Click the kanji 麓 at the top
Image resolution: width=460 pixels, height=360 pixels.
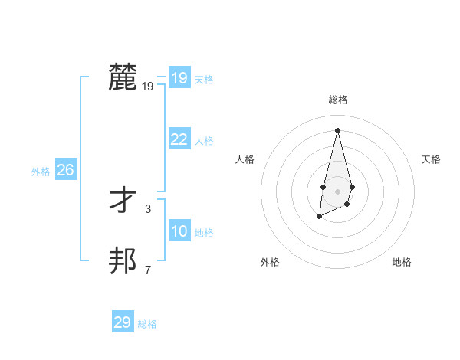pos(123,77)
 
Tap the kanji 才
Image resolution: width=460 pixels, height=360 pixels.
pos(123,201)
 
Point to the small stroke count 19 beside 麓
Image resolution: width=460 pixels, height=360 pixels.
pos(148,87)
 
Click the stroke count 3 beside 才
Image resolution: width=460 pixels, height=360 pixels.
pos(148,208)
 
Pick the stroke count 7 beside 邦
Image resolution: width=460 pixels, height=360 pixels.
pos(148,270)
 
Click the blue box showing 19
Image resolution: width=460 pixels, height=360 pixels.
pos(179,78)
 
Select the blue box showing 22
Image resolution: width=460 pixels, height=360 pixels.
pos(179,139)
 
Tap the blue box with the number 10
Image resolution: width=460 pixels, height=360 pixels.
pos(179,231)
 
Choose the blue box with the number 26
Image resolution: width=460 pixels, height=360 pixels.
pos(65,170)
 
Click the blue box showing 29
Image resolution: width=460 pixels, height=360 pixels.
pos(123,322)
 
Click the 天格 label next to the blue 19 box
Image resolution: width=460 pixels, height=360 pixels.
pos(204,80)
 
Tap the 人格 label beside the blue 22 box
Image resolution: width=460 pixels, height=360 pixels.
pos(204,141)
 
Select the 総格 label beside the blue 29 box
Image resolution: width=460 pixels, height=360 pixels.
pos(147,324)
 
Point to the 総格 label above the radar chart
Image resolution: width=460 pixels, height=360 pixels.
pos(337,100)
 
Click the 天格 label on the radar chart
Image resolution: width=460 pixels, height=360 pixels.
pos(431,159)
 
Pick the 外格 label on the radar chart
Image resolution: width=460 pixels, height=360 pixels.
pos(270,262)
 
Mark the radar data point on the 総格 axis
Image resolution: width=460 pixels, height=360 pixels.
pos(337,129)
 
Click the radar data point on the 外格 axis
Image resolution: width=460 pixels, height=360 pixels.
pos(319,217)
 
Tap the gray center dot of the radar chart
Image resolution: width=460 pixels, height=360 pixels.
pos(337,191)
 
